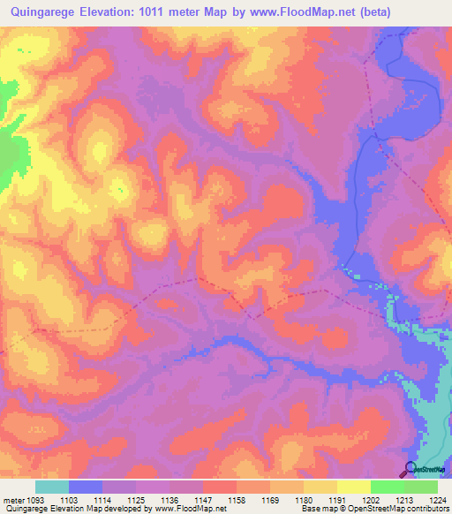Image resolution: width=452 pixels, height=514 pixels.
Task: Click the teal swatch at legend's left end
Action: [52, 487]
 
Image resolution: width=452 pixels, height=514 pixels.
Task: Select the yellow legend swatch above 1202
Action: [354, 487]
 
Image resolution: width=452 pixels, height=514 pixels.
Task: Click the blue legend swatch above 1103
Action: [86, 487]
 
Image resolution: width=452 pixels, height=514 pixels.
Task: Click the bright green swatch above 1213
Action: [388, 487]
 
